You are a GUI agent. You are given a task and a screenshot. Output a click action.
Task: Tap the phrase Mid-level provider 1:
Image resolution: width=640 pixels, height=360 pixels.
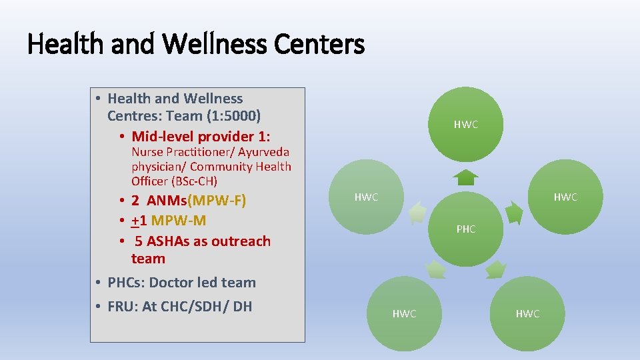tap(201, 137)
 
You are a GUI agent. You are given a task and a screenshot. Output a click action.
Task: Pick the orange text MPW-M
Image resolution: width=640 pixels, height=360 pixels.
tap(179, 221)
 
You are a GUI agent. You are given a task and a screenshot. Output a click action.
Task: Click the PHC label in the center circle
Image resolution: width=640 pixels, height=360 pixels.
tap(466, 229)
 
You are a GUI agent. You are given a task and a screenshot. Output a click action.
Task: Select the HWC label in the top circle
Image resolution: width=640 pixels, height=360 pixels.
tap(466, 125)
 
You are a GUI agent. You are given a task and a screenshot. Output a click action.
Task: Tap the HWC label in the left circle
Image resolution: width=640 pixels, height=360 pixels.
tap(366, 197)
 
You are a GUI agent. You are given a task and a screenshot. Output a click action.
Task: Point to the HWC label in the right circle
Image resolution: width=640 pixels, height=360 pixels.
tap(565, 197)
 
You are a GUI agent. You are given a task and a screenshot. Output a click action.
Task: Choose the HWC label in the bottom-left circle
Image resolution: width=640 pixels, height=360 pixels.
tap(404, 314)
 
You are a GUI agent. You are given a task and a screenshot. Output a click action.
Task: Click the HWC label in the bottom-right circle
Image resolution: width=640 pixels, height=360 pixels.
tap(527, 314)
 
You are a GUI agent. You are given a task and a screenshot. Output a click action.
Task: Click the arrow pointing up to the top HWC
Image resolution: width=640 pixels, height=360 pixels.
tap(466, 177)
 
